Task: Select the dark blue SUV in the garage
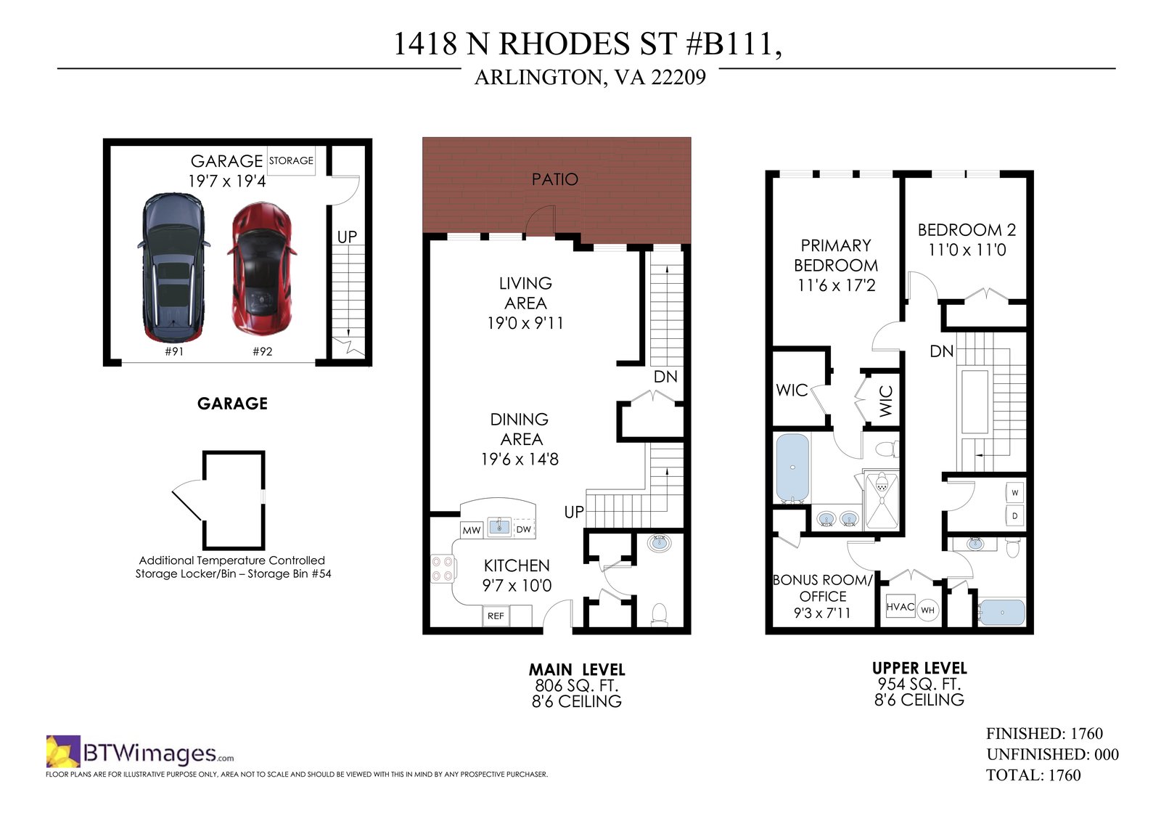(x=173, y=268)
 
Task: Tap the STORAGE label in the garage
(x=291, y=160)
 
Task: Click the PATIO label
(x=554, y=179)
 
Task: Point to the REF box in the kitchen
(x=496, y=616)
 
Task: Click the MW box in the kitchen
(x=472, y=530)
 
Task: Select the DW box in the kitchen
(x=524, y=529)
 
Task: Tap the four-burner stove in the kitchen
(x=443, y=568)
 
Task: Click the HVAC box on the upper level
(x=901, y=606)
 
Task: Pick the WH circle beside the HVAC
(x=928, y=610)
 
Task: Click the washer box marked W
(x=1015, y=493)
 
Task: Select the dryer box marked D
(x=1015, y=516)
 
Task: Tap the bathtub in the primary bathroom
(x=792, y=468)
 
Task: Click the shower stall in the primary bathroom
(x=881, y=500)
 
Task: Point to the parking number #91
(x=174, y=351)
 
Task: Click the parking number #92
(x=262, y=351)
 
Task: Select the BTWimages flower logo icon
(x=63, y=751)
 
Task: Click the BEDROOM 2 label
(x=967, y=230)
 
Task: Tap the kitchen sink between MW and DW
(x=499, y=526)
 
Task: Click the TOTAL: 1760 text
(x=1033, y=775)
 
